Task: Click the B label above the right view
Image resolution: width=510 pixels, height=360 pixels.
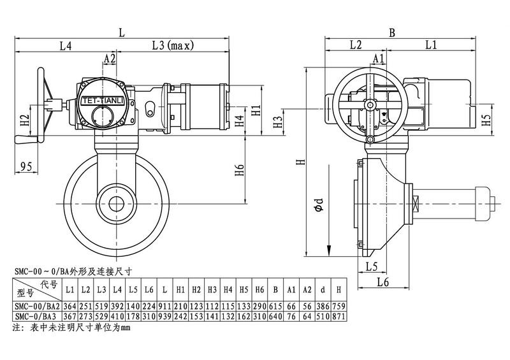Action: (393, 31)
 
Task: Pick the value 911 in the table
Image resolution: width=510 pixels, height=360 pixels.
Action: (164, 306)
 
